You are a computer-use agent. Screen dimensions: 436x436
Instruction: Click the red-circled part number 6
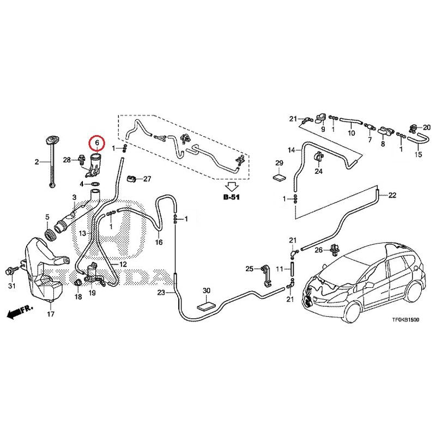[97, 143]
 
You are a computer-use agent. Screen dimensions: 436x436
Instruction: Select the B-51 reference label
[231, 197]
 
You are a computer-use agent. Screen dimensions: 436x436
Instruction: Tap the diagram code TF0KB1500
[405, 320]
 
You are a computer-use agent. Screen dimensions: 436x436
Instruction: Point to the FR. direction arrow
[20, 312]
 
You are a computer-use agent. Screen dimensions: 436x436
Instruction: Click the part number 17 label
[51, 314]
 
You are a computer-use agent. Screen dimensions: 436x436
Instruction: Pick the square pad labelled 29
[279, 178]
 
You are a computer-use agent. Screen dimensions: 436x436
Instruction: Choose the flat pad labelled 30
[206, 306]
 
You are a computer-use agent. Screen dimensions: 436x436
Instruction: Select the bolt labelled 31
[11, 271]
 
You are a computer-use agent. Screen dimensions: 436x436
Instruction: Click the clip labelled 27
[131, 179]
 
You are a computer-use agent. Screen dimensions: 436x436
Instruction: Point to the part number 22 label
[392, 196]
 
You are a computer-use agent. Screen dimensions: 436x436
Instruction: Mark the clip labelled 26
[334, 250]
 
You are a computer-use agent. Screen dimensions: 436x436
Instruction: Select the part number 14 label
[292, 150]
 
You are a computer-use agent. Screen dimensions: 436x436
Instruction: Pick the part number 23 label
[161, 293]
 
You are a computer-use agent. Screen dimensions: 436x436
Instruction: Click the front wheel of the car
[352, 311]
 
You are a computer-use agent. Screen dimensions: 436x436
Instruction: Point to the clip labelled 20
[413, 129]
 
